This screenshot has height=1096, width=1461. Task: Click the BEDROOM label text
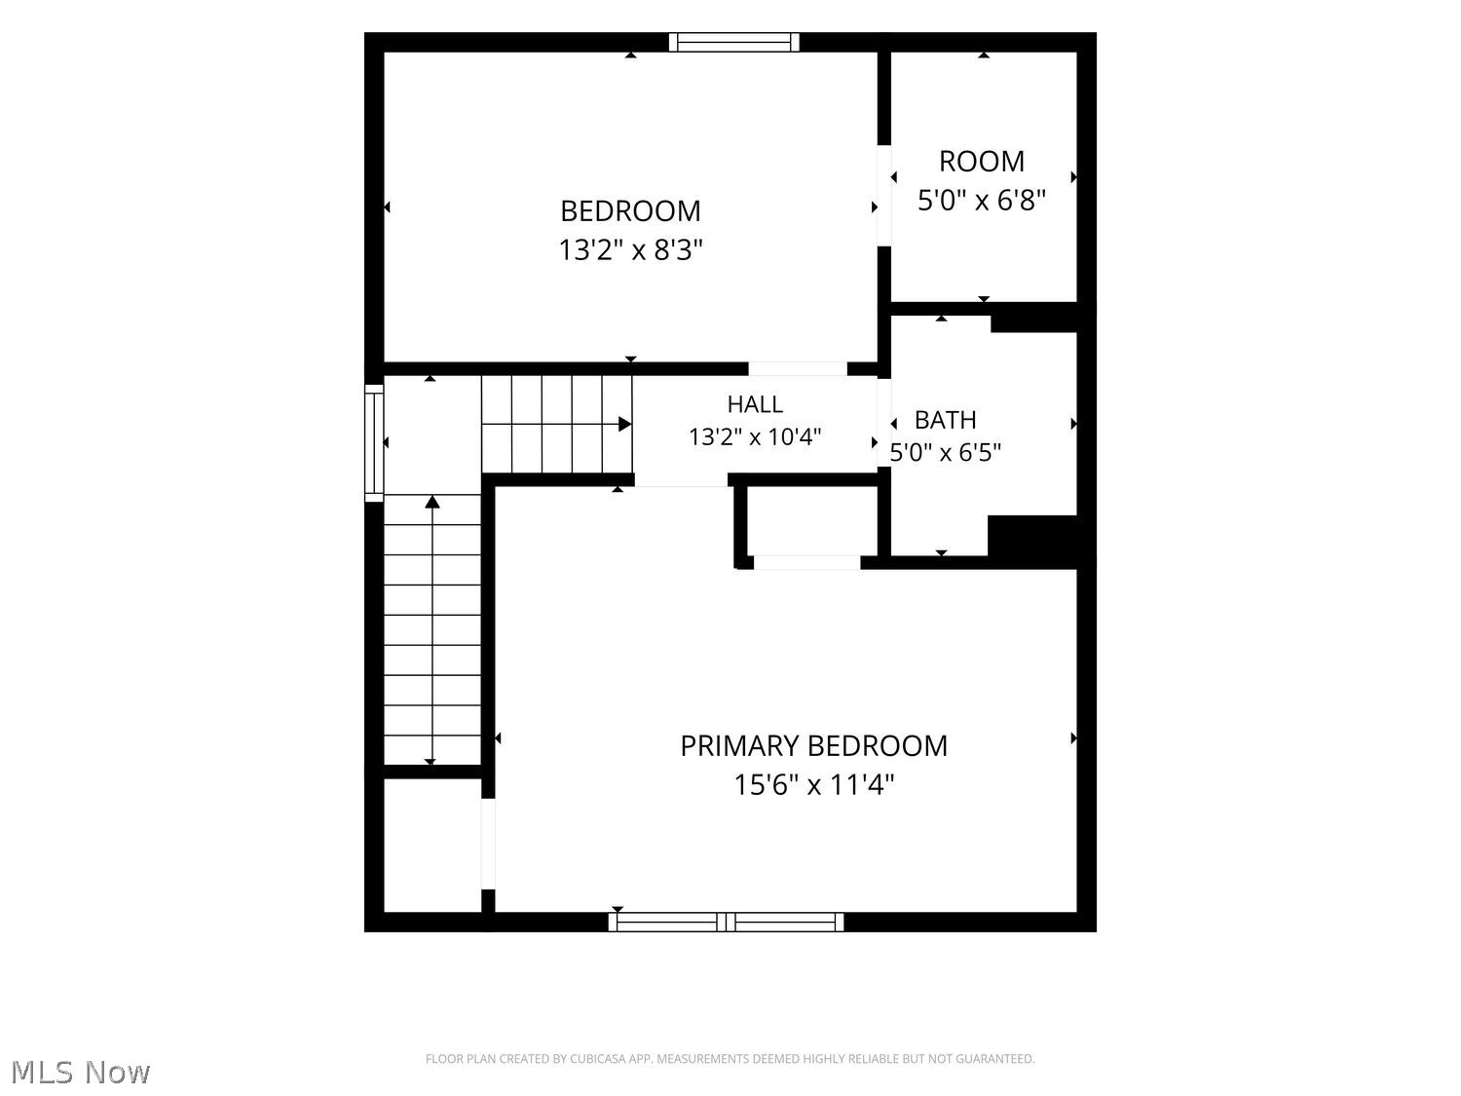pyautogui.click(x=630, y=211)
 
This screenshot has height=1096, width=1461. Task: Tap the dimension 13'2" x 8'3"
pyautogui.click(x=630, y=250)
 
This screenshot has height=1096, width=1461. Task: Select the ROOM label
pyautogui.click(x=981, y=162)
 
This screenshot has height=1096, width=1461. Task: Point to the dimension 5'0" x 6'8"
pyautogui.click(x=981, y=200)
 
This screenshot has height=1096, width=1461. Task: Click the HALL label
pyautogui.click(x=755, y=404)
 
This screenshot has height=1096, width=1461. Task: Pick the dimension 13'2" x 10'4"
pyautogui.click(x=755, y=437)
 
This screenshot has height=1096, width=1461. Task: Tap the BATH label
pyautogui.click(x=945, y=420)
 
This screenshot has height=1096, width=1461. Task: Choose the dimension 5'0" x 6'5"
pyautogui.click(x=945, y=453)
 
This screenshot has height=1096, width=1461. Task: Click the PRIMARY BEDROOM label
pyautogui.click(x=813, y=746)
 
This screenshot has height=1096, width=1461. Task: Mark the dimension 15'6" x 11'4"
pyautogui.click(x=813, y=784)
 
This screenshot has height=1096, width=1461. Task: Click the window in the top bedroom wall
pyautogui.click(x=733, y=42)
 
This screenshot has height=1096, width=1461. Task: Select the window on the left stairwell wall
pyautogui.click(x=374, y=442)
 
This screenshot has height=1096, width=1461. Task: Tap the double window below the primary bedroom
pyautogui.click(x=727, y=923)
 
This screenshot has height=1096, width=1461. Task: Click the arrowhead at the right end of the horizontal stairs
pyautogui.click(x=624, y=424)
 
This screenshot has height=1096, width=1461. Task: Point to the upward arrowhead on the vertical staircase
pyautogui.click(x=432, y=502)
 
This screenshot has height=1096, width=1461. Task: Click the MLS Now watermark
pyautogui.click(x=81, y=1072)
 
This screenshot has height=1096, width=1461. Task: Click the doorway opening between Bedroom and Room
pyautogui.click(x=884, y=196)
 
